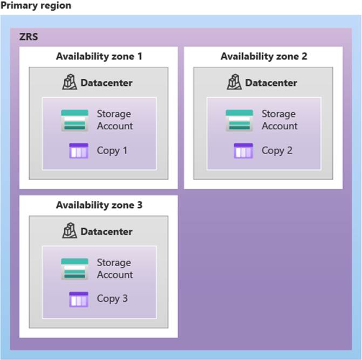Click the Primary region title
coord(36,5)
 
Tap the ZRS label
coord(29,37)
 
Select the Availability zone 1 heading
coord(99,56)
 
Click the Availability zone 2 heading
coord(264,56)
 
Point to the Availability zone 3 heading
coord(99,205)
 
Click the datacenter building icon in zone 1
coord(70,82)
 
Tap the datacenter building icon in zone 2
coord(234,82)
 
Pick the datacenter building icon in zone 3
coord(70,231)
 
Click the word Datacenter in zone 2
coord(271,83)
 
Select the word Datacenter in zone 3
coord(106,232)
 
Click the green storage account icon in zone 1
coord(74,120)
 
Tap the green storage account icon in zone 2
coord(240,120)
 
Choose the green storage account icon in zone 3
coord(74,269)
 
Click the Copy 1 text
coord(112,150)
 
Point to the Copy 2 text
coord(277,150)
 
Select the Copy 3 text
coord(112,299)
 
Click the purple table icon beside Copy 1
coord(79,151)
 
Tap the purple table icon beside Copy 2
coord(243,151)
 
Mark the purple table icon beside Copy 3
coord(79,299)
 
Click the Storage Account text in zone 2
coord(279,120)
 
